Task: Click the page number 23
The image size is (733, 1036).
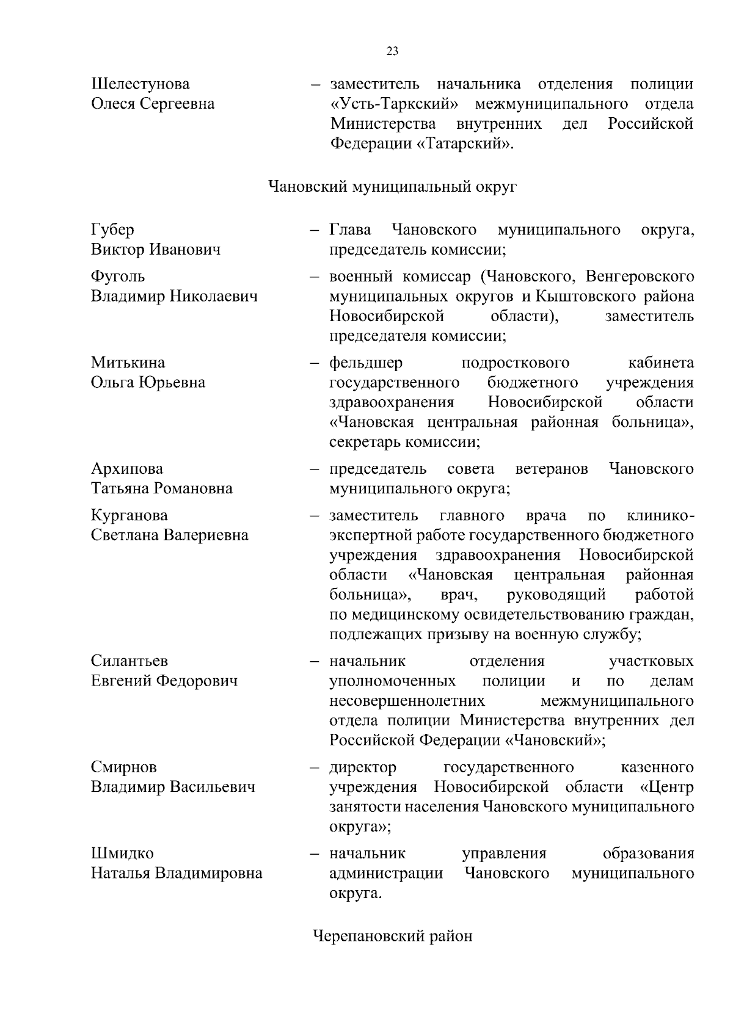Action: pyautogui.click(x=393, y=51)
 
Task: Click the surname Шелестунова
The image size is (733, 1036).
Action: pyautogui.click(x=140, y=84)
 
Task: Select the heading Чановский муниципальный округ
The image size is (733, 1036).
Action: pyautogui.click(x=393, y=187)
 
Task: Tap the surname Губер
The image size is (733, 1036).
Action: pyautogui.click(x=112, y=230)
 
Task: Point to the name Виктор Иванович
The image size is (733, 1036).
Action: pyautogui.click(x=156, y=250)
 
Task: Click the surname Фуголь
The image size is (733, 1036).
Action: pyautogui.click(x=118, y=277)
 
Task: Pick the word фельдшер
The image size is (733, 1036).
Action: pyautogui.click(x=366, y=363)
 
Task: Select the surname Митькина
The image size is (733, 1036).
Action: pyautogui.click(x=128, y=363)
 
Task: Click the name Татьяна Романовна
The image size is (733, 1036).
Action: pyautogui.click(x=162, y=488)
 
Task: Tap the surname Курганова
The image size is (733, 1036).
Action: pyautogui.click(x=129, y=515)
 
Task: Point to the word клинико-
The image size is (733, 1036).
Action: pyautogui.click(x=660, y=515)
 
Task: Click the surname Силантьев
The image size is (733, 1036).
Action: pyautogui.click(x=129, y=661)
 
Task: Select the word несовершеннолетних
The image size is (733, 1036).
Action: pyautogui.click(x=407, y=701)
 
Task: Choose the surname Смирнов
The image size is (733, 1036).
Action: pyautogui.click(x=124, y=767)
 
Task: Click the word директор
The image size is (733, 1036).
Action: pyautogui.click(x=363, y=767)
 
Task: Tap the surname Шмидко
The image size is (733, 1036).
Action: pyautogui.click(x=122, y=853)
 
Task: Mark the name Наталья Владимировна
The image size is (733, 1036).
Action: pyautogui.click(x=177, y=873)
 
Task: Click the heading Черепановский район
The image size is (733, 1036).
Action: pyautogui.click(x=393, y=936)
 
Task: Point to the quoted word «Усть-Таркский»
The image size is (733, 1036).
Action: pyautogui.click(x=395, y=104)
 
